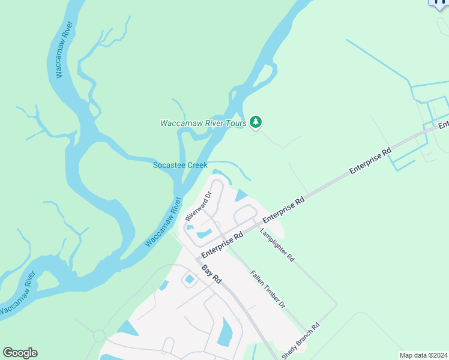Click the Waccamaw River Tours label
[203, 123]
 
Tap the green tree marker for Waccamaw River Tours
[256, 122]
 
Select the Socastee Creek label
[180, 164]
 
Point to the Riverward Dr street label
[199, 206]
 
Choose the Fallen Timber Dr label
[267, 289]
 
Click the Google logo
[20, 353]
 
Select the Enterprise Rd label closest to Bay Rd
[222, 245]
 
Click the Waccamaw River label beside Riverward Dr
[163, 222]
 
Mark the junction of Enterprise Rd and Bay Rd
[198, 259]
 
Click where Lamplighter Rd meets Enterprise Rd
[259, 225]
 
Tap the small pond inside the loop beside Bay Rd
[190, 279]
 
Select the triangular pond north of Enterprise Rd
[241, 195]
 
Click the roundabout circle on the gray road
[100, 335]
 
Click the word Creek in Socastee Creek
[196, 164]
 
